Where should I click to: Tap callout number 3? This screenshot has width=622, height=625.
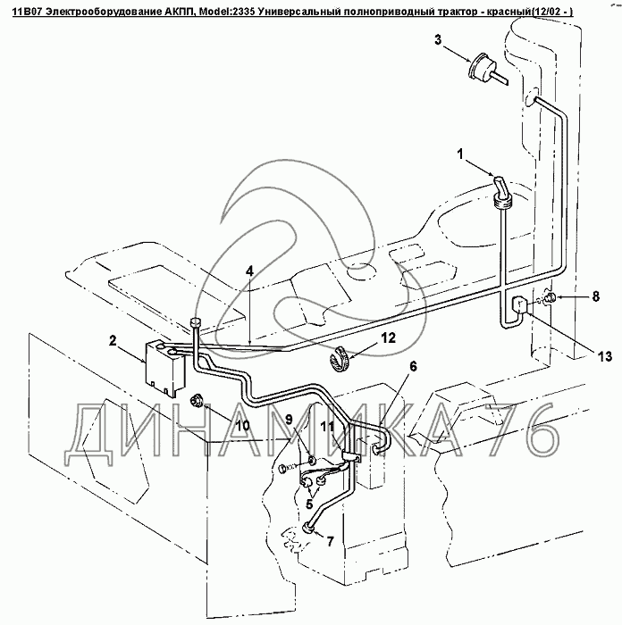pos(438,39)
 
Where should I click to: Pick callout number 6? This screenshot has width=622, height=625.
pos(414,366)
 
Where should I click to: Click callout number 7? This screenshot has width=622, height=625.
pos(330,541)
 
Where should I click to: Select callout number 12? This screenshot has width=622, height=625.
pos(386,337)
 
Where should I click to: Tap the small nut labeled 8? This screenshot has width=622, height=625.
pos(551,297)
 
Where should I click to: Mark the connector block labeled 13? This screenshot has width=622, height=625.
pos(517,308)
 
